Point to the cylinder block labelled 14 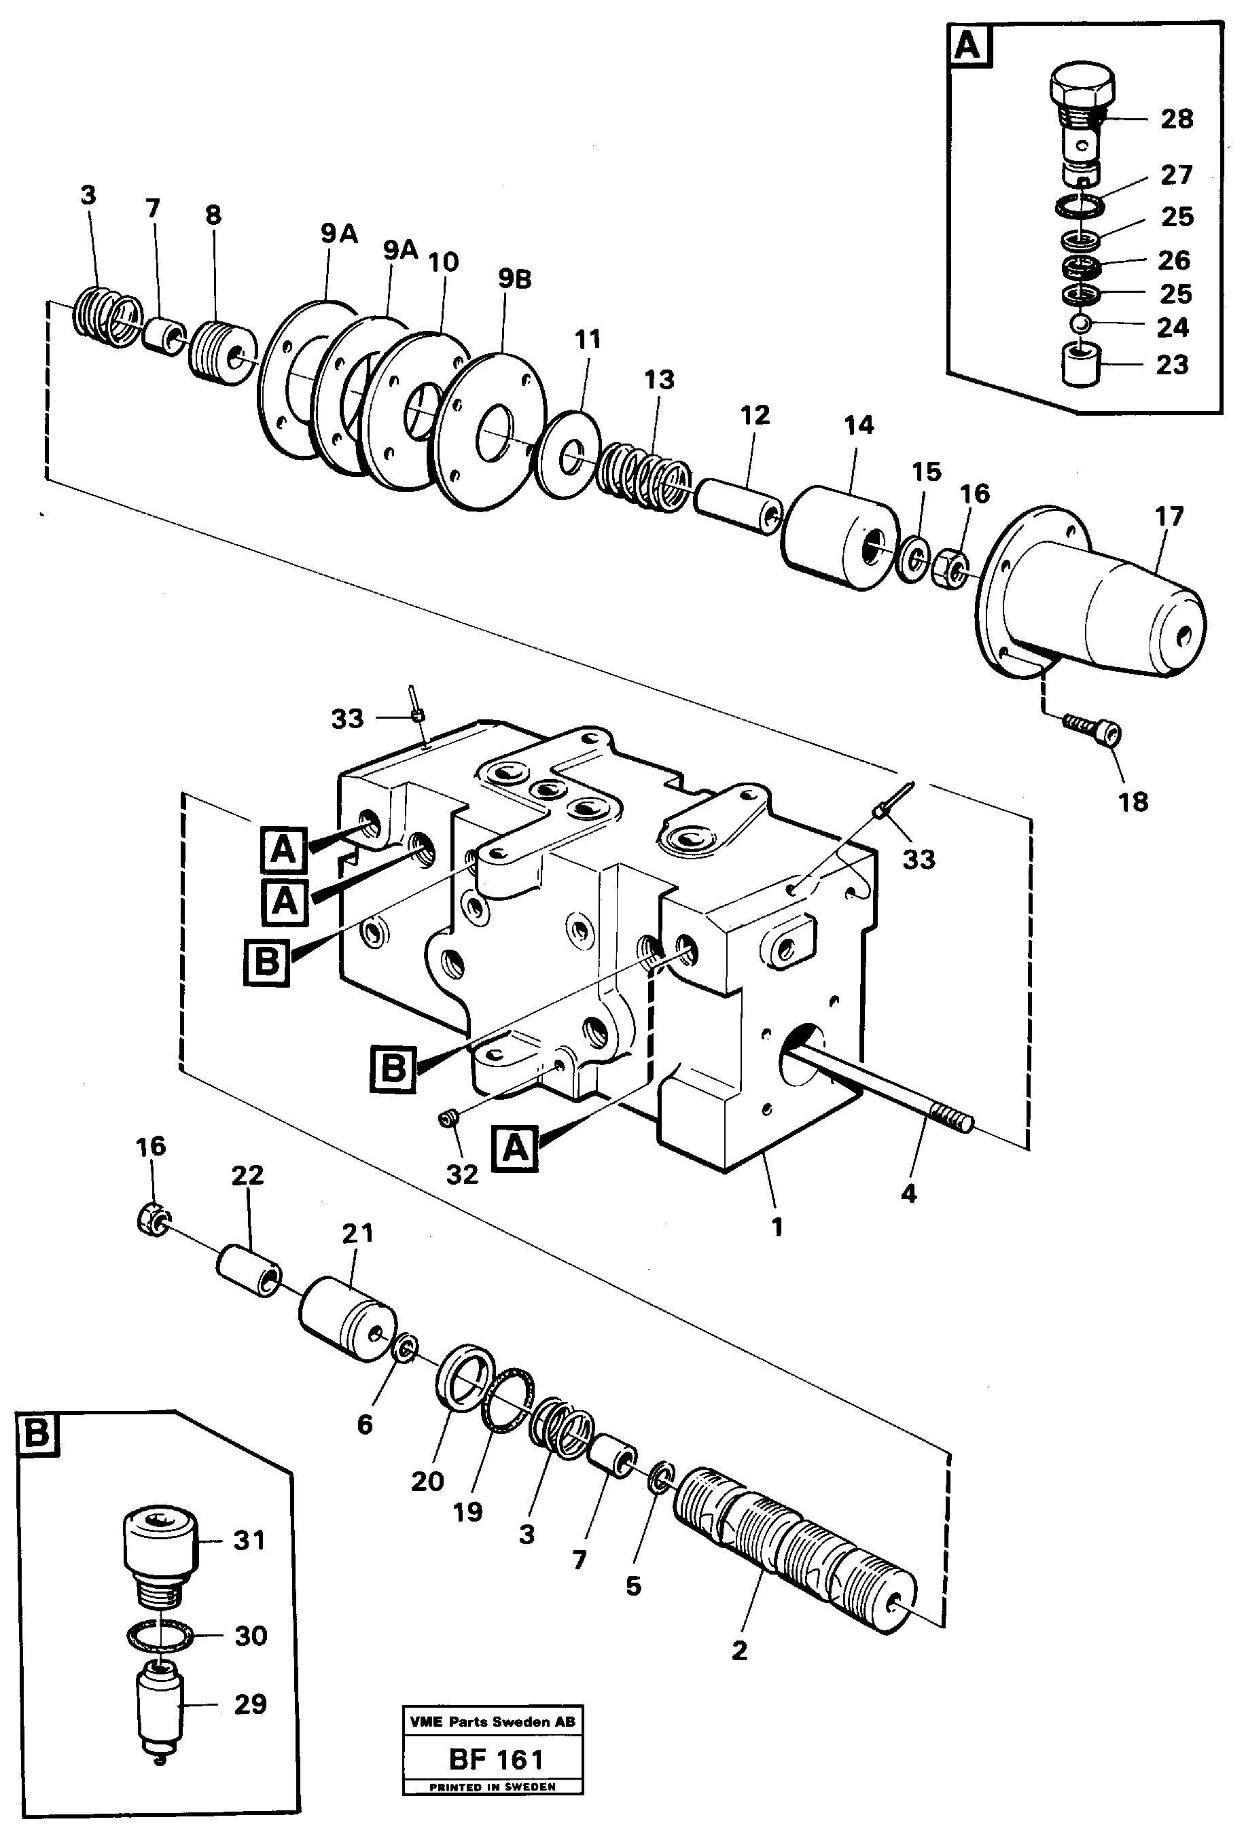[840, 536]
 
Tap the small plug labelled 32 [450, 1117]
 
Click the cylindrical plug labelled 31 [159, 1538]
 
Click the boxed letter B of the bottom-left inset [37, 1434]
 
